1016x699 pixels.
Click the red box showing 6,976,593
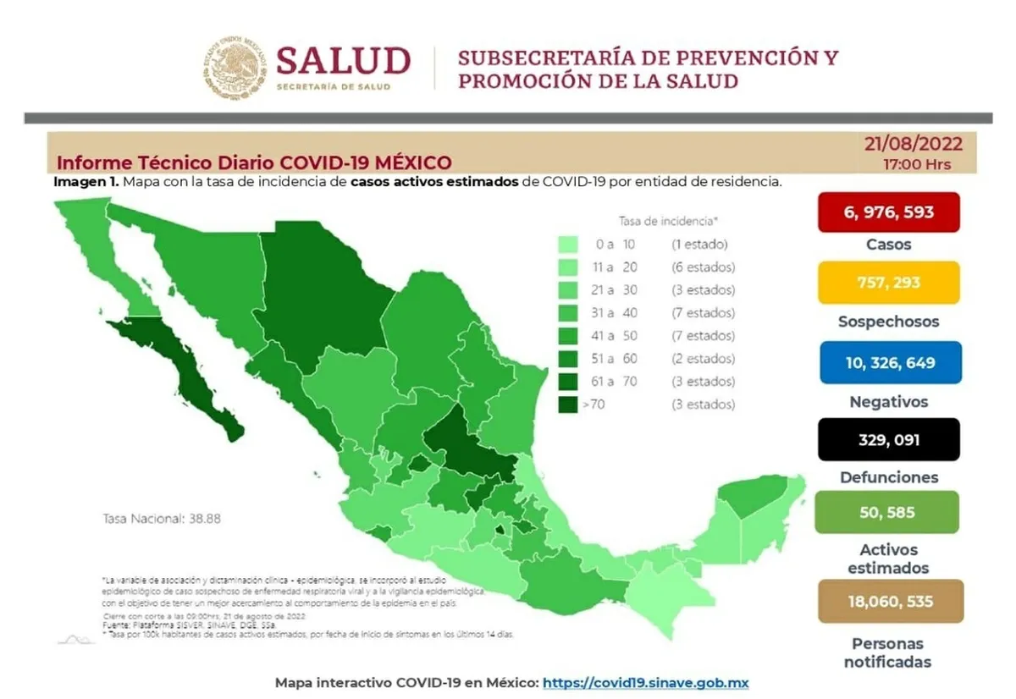pyautogui.click(x=888, y=212)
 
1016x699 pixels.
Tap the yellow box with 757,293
pyautogui.click(x=888, y=282)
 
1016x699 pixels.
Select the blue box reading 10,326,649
pyautogui.click(x=888, y=362)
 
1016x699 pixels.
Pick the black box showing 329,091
pyautogui.click(x=888, y=439)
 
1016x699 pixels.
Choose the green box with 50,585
pyautogui.click(x=888, y=512)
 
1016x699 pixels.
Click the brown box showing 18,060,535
pyautogui.click(x=888, y=601)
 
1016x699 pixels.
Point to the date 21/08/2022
pyautogui.click(x=913, y=144)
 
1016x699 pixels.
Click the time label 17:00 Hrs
pyautogui.click(x=916, y=163)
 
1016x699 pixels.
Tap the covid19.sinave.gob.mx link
pyautogui.click(x=645, y=682)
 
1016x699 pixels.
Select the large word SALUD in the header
pyautogui.click(x=343, y=62)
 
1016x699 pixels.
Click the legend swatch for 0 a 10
pyautogui.click(x=568, y=245)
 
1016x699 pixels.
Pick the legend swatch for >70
pyautogui.click(x=568, y=405)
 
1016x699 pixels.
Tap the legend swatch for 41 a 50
pyautogui.click(x=568, y=336)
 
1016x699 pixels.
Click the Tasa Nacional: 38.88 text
pyautogui.click(x=162, y=518)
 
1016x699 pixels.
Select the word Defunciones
pyautogui.click(x=888, y=477)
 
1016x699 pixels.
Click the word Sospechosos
pyautogui.click(x=888, y=322)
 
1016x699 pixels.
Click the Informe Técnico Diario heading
pyautogui.click(x=254, y=162)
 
